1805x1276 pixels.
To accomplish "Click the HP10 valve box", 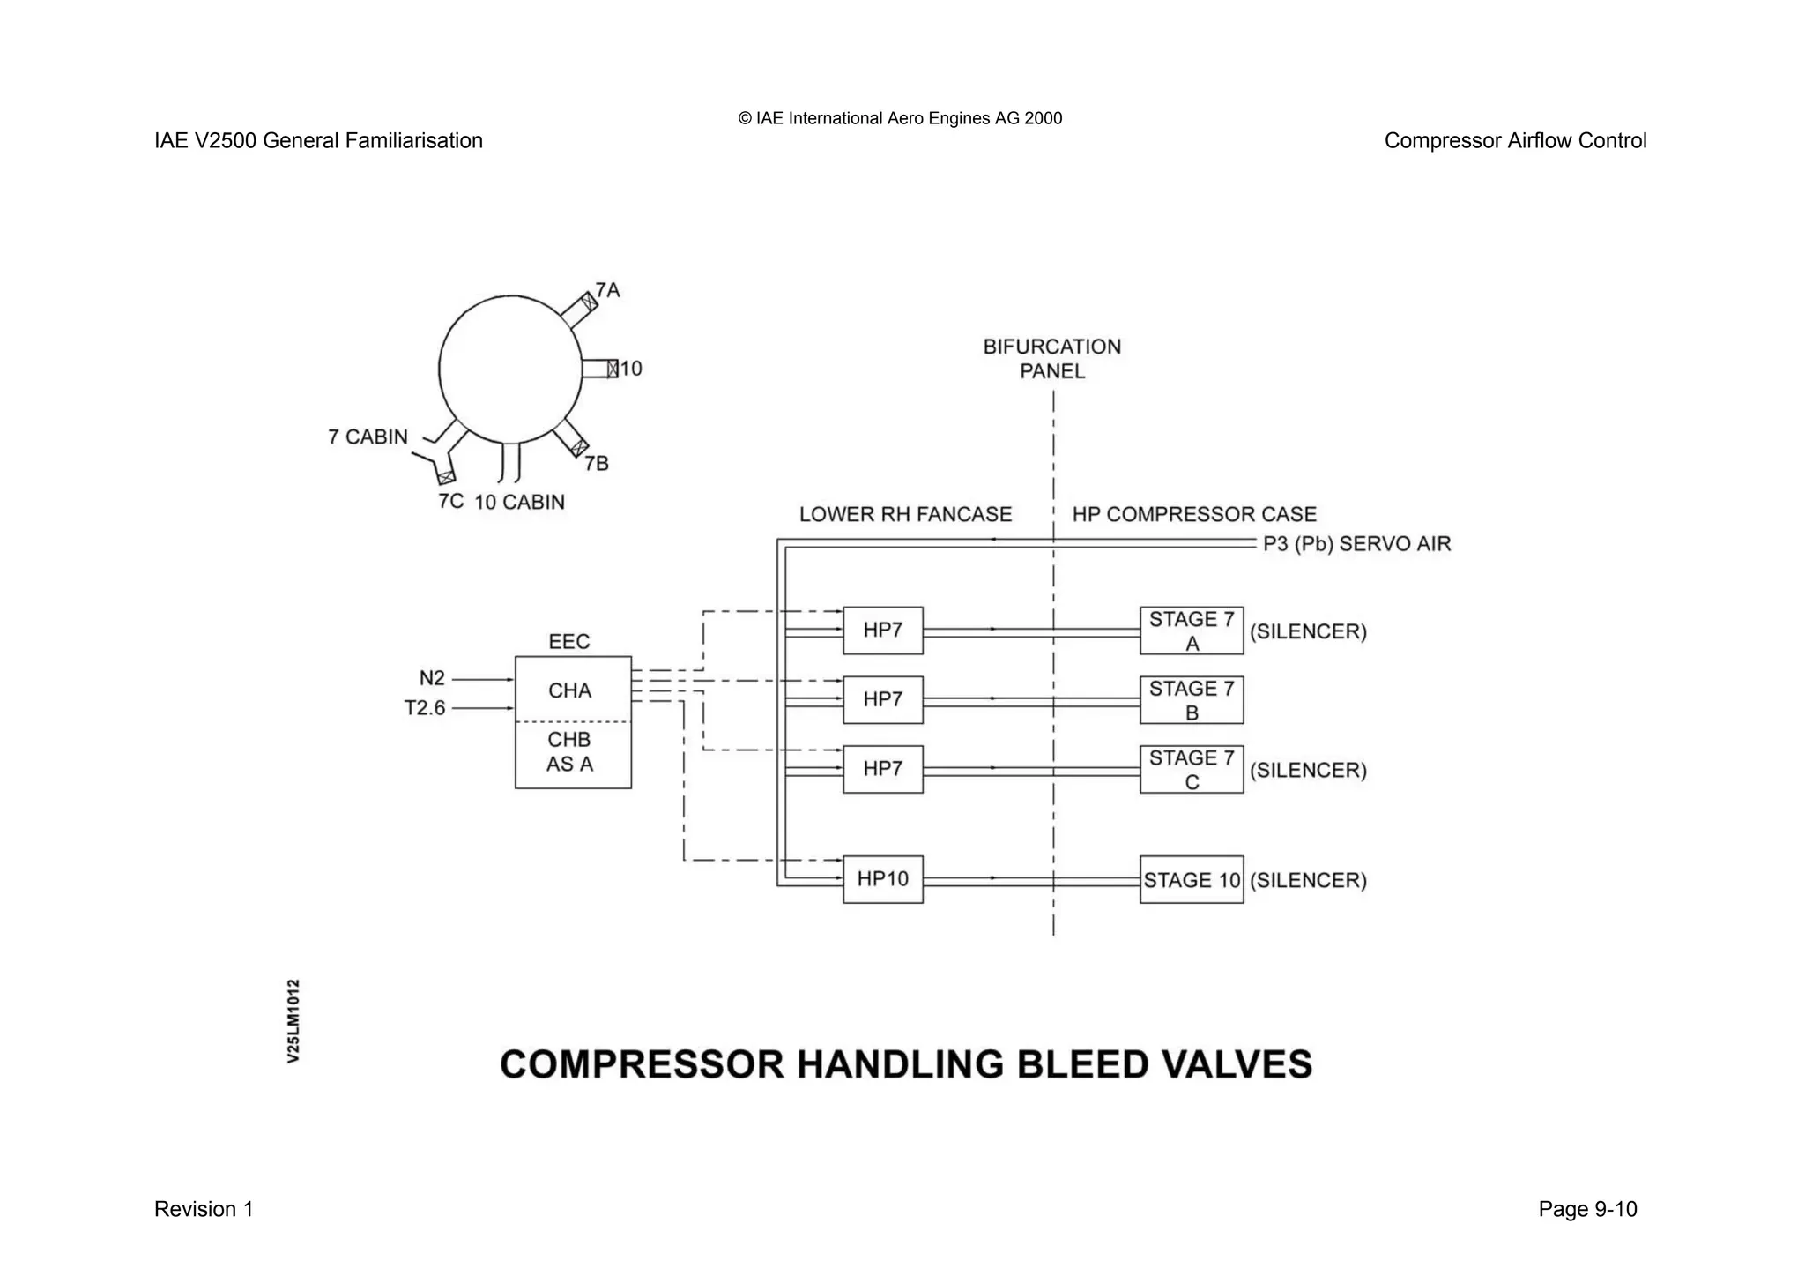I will coord(882,879).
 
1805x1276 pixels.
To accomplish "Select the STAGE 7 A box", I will coord(1191,631).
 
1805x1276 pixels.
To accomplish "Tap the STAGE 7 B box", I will coord(1191,700).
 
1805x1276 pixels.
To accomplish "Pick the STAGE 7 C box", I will coord(1191,769).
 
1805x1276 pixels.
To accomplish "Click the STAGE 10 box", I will coord(1191,879).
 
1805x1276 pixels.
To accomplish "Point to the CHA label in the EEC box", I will coord(569,690).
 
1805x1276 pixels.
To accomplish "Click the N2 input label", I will coord(432,678).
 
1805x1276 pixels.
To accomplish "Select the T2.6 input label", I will coord(425,708).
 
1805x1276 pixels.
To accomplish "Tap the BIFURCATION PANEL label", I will coord(1052,359).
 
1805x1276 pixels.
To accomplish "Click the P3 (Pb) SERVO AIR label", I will coord(1356,544).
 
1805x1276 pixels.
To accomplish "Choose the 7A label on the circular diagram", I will coord(607,290).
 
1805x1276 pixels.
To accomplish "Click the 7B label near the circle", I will coord(597,464).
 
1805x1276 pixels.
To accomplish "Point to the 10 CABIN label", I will coord(519,503).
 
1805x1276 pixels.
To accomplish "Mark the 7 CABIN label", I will coord(368,437).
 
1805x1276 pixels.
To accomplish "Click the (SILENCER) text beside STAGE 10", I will coord(1308,880).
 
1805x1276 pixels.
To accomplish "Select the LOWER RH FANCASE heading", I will coord(905,514).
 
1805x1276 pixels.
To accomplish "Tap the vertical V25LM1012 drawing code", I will coord(293,1020).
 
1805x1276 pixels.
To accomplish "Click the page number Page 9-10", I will coord(1587,1209).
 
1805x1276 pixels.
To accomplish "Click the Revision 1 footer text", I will coord(204,1209).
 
